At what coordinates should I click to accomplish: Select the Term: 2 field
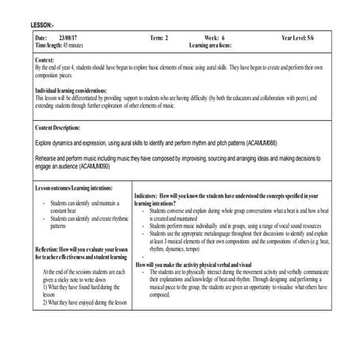[160, 38]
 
